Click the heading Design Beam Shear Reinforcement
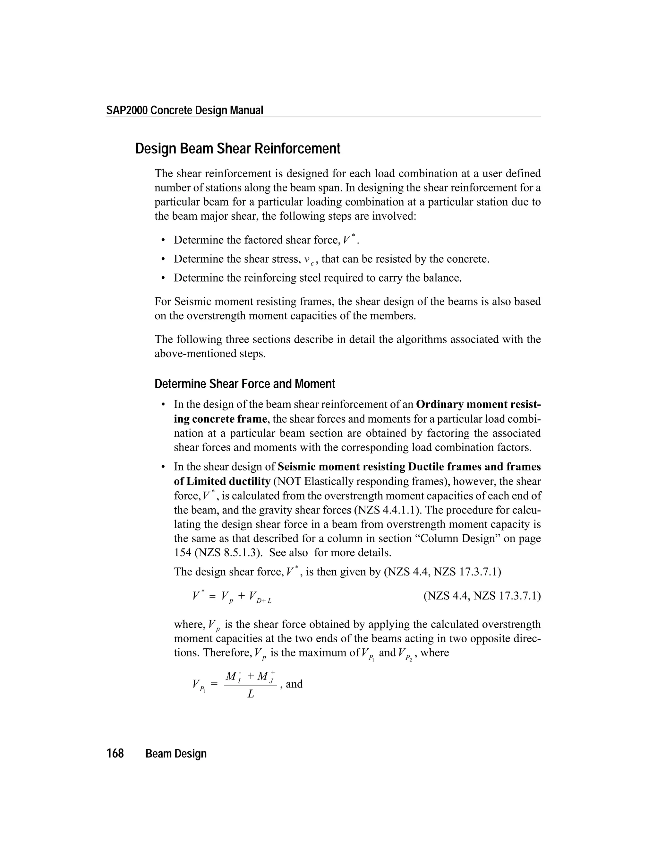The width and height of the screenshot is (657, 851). pos(237,149)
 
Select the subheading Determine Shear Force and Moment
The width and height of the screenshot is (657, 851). pos(244,384)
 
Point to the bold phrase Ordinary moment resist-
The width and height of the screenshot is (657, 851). pos(478,404)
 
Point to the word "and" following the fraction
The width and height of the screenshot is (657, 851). pos(294,684)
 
